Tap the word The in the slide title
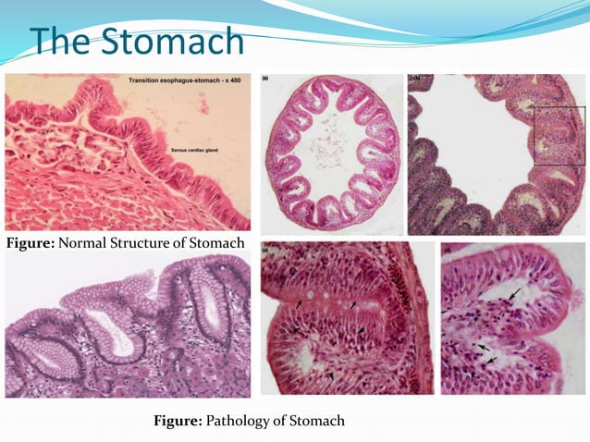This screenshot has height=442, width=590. pos(61,41)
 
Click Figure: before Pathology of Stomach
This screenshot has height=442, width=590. pos(176,421)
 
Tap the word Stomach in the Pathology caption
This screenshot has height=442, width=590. pos(317,421)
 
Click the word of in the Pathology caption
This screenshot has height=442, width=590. pos(280,421)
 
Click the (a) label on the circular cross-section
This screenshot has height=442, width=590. pos(266,78)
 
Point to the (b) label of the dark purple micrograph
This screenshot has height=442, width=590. pos(415,79)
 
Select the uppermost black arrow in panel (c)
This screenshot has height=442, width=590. pos(513,291)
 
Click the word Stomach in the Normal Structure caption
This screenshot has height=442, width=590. pos(218,242)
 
